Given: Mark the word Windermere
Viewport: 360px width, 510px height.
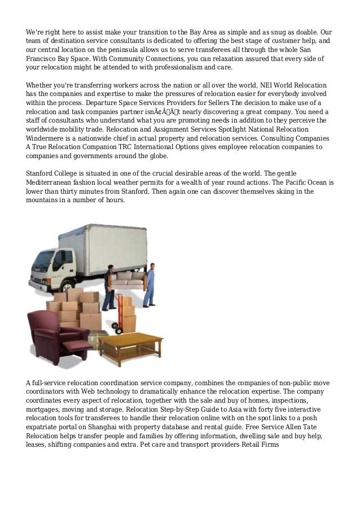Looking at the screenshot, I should (46, 138).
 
